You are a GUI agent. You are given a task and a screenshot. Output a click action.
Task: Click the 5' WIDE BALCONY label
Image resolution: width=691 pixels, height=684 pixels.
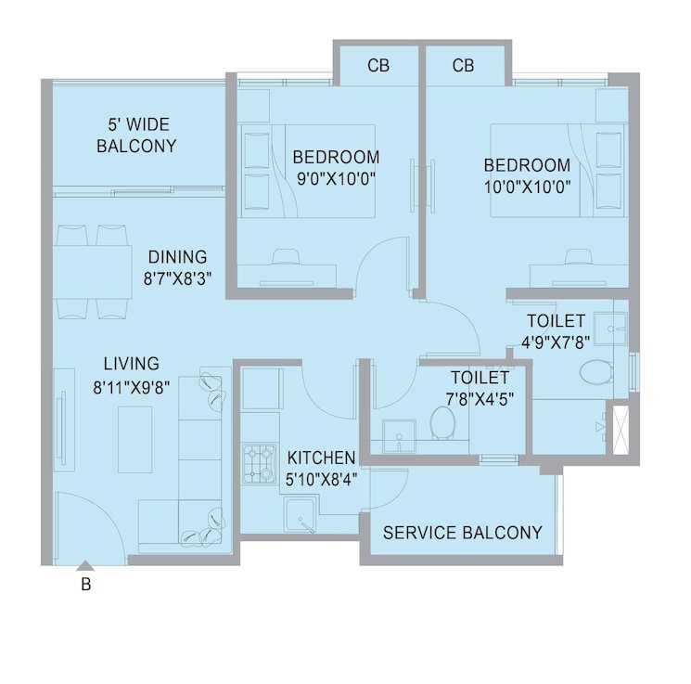(136, 135)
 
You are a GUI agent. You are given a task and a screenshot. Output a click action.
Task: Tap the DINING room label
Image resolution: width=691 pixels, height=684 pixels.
(177, 257)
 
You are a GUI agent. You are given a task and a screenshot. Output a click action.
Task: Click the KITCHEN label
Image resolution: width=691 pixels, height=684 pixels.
(321, 458)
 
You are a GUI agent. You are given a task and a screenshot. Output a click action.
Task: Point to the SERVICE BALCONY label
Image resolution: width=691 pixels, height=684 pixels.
(462, 533)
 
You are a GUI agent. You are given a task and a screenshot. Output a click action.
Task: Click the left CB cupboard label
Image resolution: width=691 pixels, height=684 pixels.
(377, 66)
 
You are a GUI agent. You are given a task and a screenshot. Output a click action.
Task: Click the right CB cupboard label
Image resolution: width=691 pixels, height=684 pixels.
(464, 66)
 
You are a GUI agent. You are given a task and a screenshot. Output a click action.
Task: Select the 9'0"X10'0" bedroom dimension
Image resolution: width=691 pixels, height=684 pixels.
(336, 177)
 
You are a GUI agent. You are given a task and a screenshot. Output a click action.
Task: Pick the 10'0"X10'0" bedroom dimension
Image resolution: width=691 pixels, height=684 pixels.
(527, 186)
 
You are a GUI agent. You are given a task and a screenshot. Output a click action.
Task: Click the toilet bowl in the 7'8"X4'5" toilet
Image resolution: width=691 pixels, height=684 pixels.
(443, 424)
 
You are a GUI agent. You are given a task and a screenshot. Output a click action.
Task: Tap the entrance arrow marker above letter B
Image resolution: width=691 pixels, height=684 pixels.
(85, 564)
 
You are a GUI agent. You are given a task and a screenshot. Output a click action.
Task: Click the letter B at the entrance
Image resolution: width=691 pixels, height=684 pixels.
(85, 585)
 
